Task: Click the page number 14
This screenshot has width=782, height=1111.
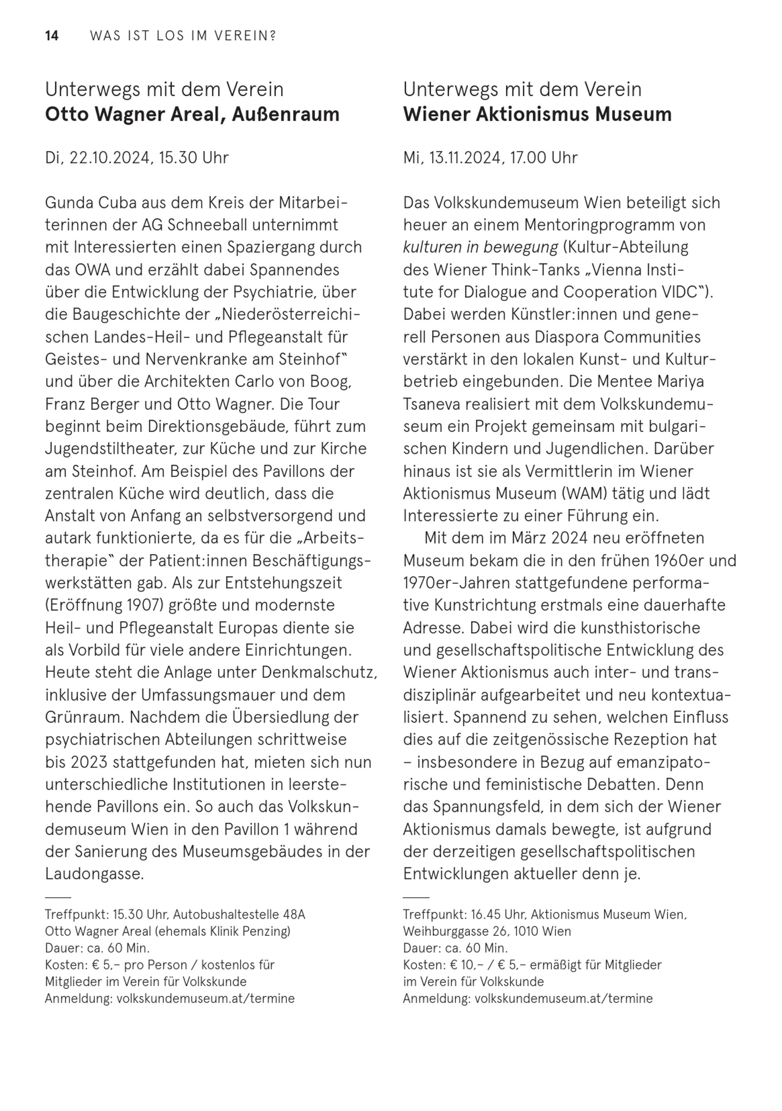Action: [x=52, y=36]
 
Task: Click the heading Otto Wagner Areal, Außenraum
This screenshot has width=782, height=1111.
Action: [x=192, y=115]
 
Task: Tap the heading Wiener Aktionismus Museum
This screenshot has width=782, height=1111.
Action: [x=537, y=115]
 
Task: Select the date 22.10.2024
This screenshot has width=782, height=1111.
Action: [x=110, y=158]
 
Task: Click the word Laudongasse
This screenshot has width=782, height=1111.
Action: [x=94, y=873]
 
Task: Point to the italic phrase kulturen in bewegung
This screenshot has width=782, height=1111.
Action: [x=480, y=247]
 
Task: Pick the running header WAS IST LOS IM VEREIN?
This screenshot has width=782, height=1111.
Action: [x=183, y=36]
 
